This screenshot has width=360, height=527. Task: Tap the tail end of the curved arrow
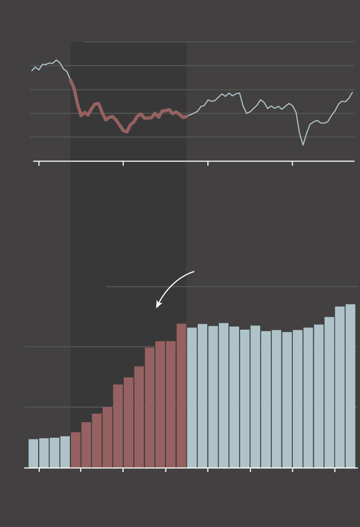[193, 272]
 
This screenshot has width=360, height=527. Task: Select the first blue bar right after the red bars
[192, 397]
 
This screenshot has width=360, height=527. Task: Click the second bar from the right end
[340, 387]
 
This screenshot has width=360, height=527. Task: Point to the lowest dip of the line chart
[303, 145]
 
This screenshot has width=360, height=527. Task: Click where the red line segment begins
[70, 80]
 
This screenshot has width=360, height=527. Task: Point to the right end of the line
[353, 92]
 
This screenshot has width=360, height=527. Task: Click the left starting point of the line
[32, 71]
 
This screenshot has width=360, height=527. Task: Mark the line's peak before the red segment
[56, 60]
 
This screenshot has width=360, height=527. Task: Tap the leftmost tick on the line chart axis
[39, 163]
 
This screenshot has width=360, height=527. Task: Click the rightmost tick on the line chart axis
[292, 163]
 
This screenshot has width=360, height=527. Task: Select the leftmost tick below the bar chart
[39, 470]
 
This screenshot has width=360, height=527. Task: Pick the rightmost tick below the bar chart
[335, 470]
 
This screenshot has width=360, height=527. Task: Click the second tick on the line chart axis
[123, 163]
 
